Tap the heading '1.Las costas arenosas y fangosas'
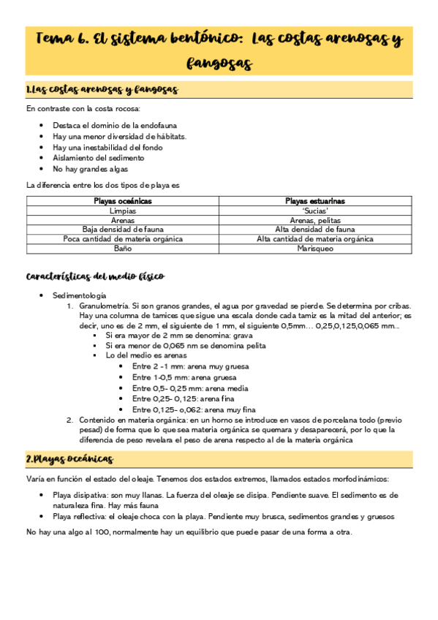[x=102, y=90]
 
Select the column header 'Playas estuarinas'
[x=315, y=200]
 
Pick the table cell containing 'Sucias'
[x=315, y=210]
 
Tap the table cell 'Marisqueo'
[x=315, y=249]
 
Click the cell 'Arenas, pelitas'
[x=315, y=219]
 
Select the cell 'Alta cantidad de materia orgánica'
[x=315, y=238]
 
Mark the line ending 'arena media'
[x=180, y=387]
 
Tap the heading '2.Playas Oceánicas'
[x=69, y=458]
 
